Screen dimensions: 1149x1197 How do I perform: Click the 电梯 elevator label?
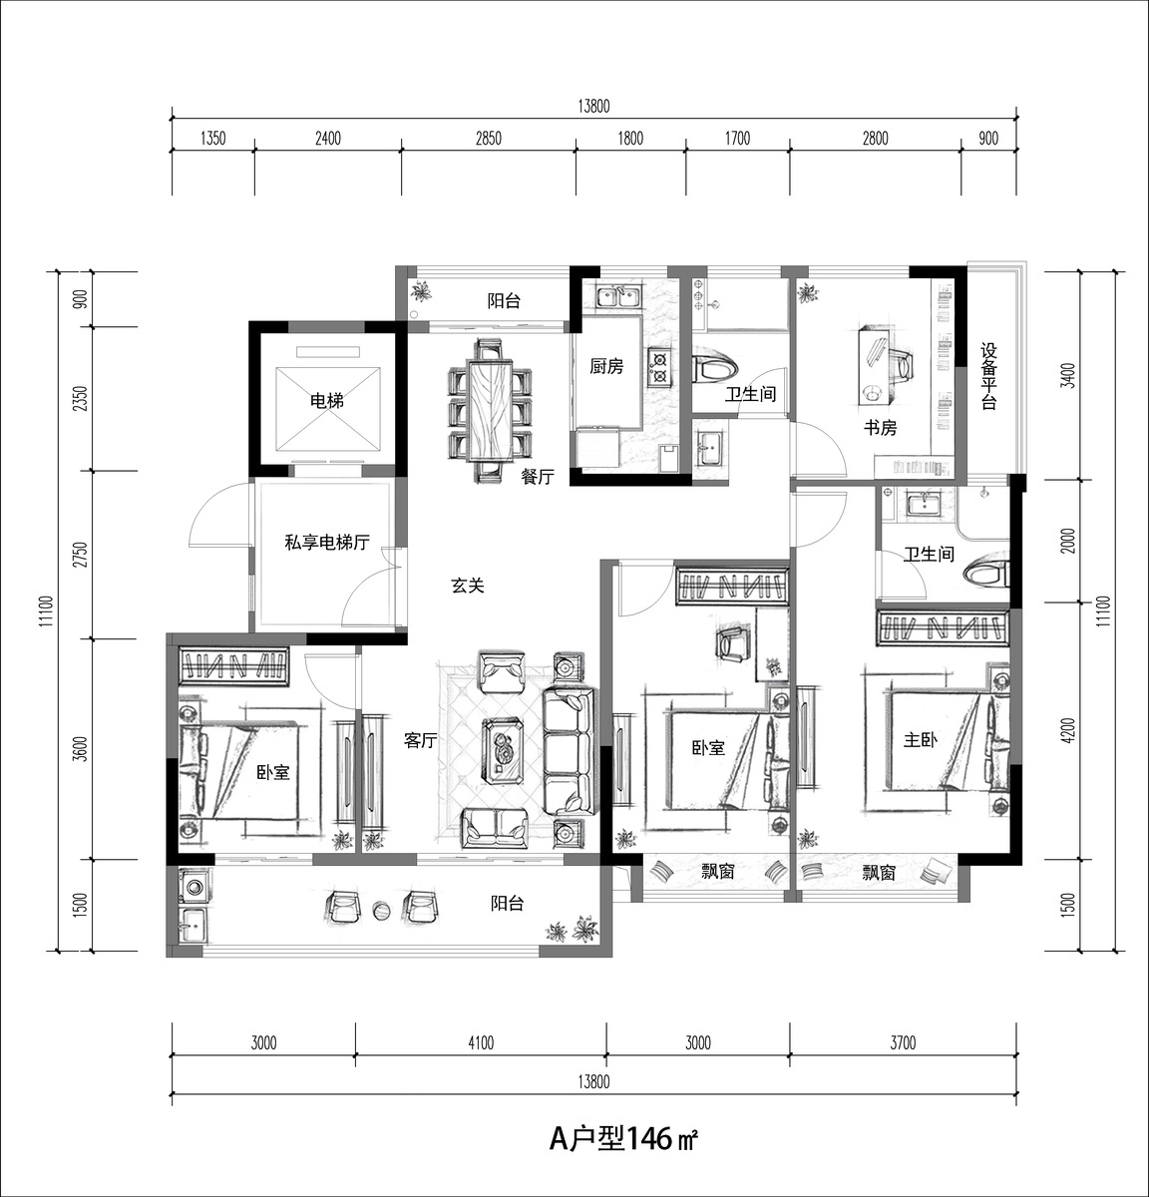[x=326, y=401]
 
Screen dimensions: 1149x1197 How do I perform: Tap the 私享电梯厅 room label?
[x=327, y=542]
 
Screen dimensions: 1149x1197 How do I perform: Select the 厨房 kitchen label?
[x=606, y=367]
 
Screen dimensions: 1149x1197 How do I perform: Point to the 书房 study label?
[x=880, y=428]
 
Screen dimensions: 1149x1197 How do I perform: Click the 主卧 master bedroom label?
[x=921, y=739]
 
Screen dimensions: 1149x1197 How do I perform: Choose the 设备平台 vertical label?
[x=988, y=377]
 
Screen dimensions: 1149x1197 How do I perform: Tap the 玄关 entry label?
[x=468, y=585]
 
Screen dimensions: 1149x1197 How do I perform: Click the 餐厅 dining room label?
[x=538, y=476]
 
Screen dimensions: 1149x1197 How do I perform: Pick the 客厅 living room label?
[x=421, y=740]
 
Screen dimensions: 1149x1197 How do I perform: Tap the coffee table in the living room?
[x=504, y=750]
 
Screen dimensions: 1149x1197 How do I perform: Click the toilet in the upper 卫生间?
[x=715, y=369]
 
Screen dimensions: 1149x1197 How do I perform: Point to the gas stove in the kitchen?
[x=658, y=368]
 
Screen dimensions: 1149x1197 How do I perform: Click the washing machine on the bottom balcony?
[x=194, y=887]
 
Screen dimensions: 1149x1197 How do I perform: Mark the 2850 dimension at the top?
[x=489, y=139]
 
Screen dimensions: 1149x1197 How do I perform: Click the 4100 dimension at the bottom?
[x=481, y=1042]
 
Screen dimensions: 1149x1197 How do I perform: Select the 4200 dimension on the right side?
[x=1068, y=730]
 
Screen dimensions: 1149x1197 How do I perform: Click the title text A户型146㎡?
[x=623, y=1138]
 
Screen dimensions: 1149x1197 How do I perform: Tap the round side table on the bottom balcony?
[x=381, y=910]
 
